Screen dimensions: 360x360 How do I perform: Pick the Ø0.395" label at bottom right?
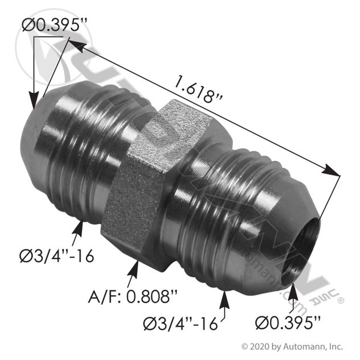tap(288, 323)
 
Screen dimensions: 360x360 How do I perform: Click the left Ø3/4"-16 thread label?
tap(57, 256)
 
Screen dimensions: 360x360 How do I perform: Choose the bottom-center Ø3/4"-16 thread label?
tap(180, 324)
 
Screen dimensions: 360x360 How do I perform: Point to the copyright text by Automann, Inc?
tap(292, 346)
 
